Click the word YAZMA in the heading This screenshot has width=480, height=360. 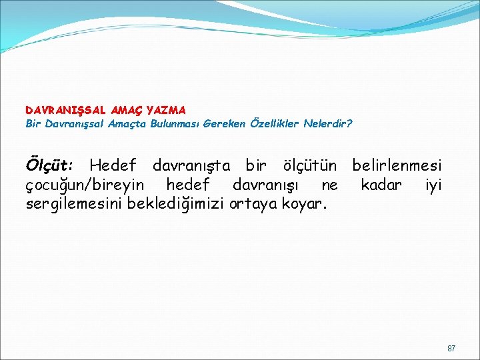tap(166, 109)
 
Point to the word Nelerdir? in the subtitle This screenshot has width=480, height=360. tap(328, 123)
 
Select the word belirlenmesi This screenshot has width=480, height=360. tap(396, 164)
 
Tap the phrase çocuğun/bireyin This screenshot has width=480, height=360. tap(83, 184)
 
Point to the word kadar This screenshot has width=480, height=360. tap(381, 184)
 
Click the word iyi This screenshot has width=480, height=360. tap(433, 185)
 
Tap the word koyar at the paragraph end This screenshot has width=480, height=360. tap(301, 204)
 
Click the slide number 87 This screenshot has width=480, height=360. tap(451, 349)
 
